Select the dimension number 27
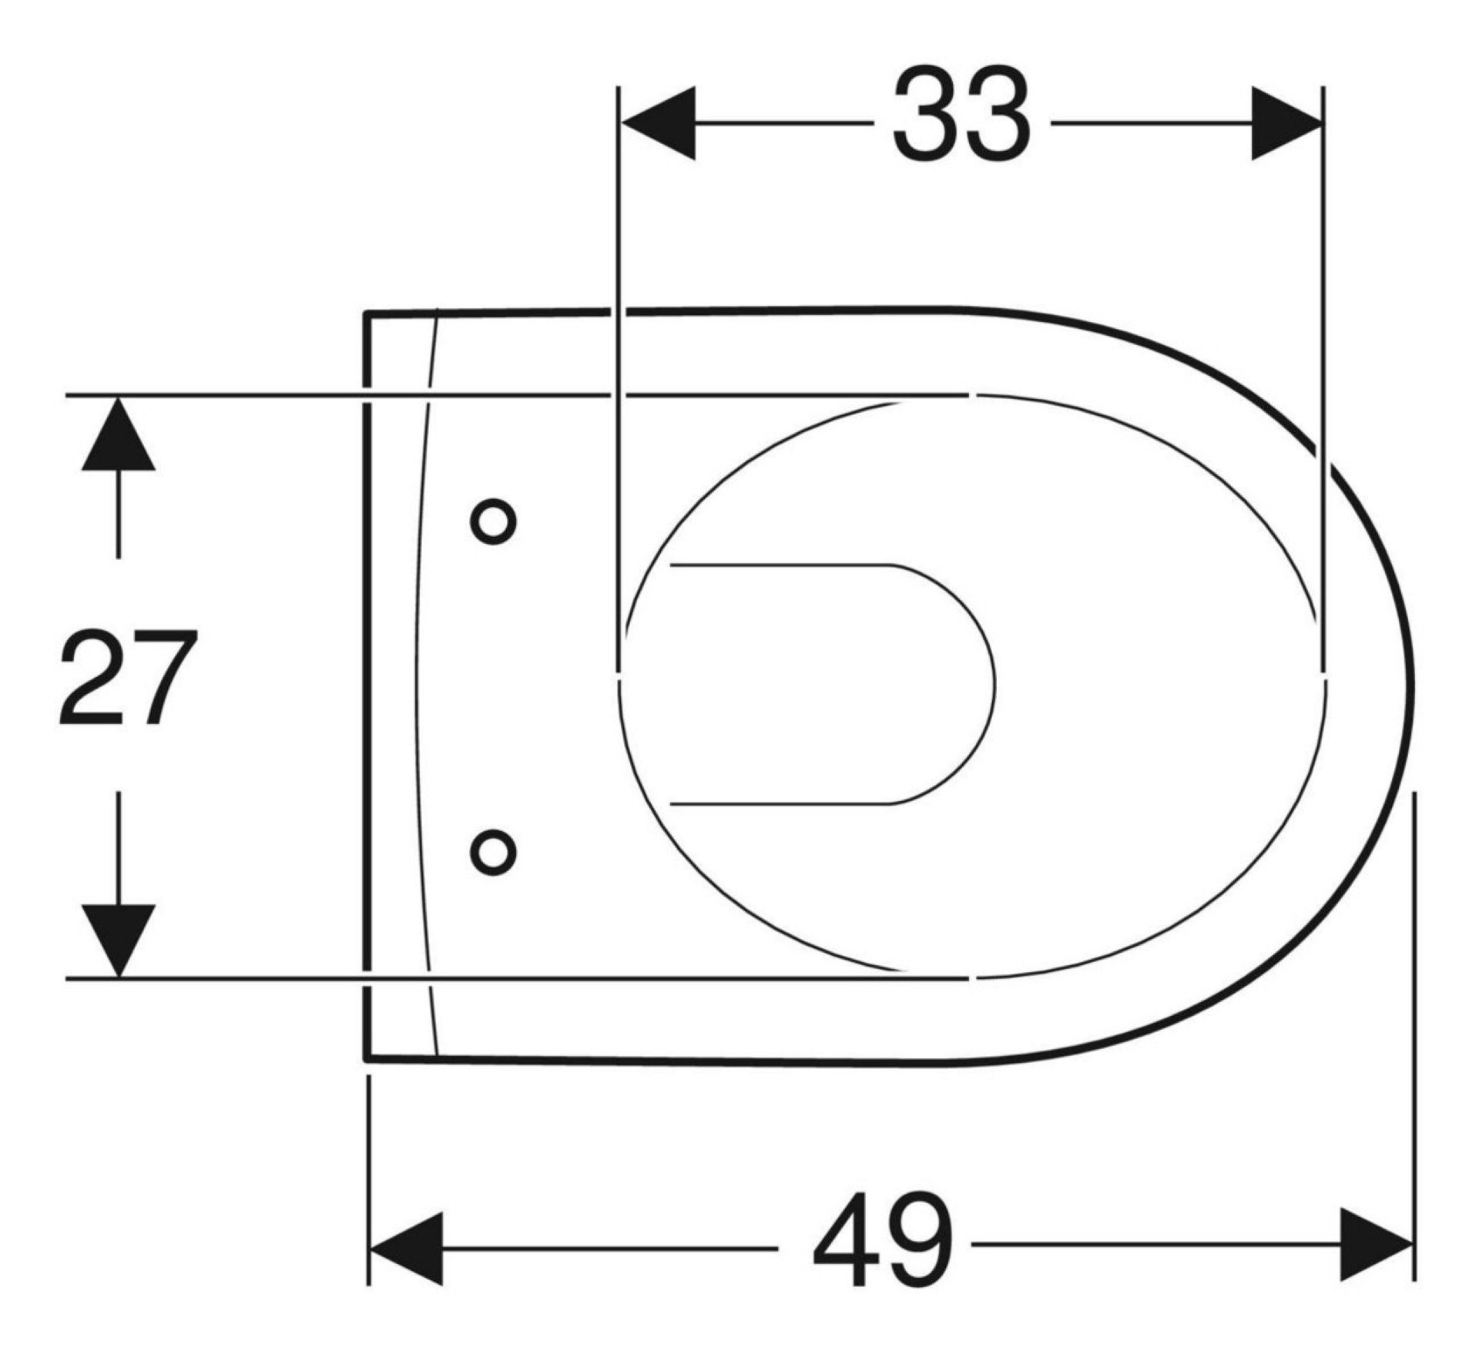(128, 678)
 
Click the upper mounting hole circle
(493, 521)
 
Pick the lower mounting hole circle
(493, 852)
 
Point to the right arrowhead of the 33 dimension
(1285, 123)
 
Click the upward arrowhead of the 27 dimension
(118, 434)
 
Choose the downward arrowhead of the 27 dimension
(118, 939)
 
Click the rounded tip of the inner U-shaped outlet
(992, 684)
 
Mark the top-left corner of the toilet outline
(367, 313)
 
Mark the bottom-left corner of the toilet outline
(367, 1058)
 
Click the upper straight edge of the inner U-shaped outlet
(778, 566)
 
